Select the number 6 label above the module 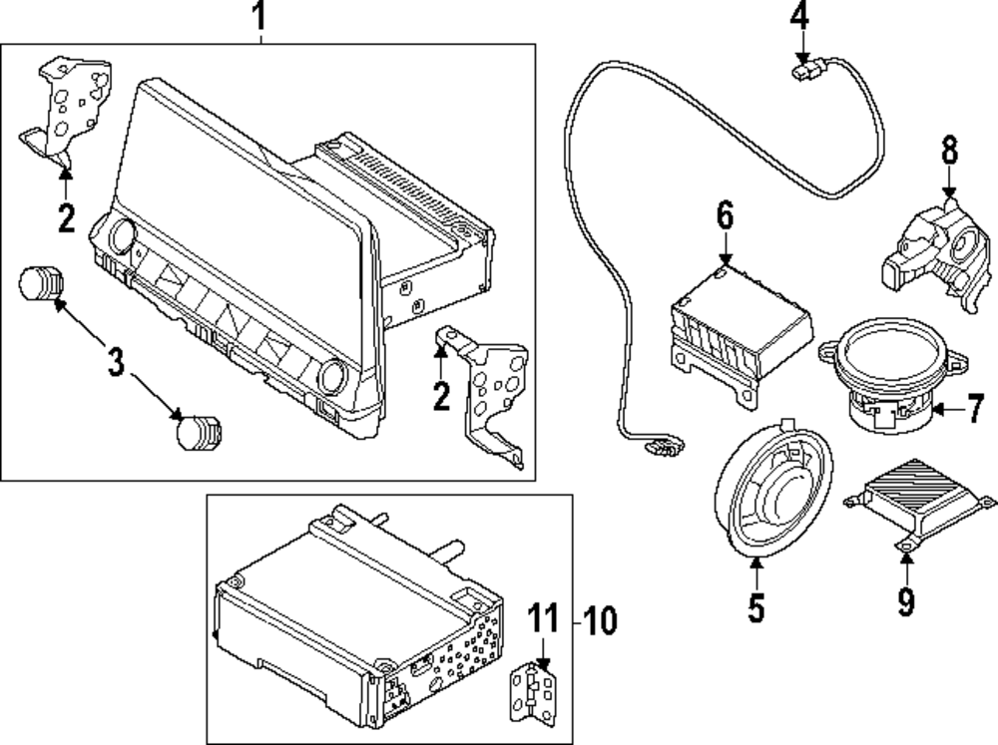point(725,214)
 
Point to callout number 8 point(948,151)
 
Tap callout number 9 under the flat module point(906,600)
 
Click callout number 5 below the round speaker point(755,605)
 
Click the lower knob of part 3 point(198,431)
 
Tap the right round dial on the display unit point(331,378)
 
